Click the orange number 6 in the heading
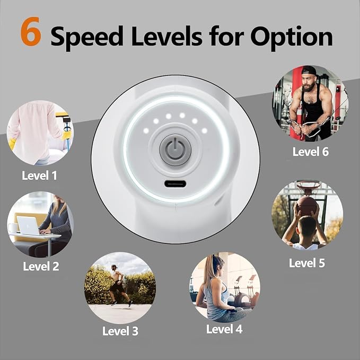point(31,31)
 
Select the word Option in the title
point(292,37)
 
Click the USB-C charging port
point(175,183)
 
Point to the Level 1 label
point(39,175)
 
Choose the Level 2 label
point(41,266)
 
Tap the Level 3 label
point(120,331)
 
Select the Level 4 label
point(224,329)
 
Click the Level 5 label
point(307,263)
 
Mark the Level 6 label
point(311,152)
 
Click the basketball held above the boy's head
point(307,206)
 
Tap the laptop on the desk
point(29,226)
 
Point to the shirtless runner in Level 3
point(119,285)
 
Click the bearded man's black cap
point(308,71)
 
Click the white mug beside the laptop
point(13,228)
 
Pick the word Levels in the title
point(166,36)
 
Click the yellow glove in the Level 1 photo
point(12,144)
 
